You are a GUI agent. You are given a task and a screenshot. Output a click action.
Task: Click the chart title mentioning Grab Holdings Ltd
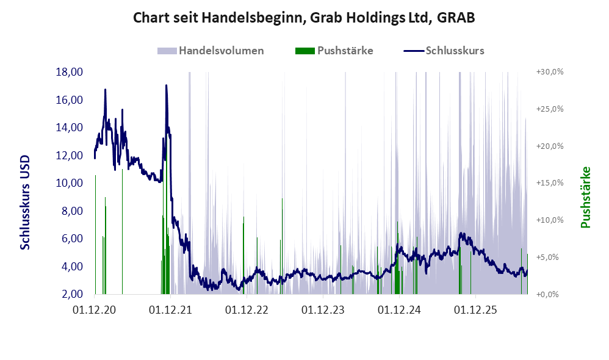point(304,18)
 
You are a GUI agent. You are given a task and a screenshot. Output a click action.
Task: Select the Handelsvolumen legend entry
point(211,51)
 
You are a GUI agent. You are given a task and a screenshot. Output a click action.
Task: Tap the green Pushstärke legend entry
point(334,51)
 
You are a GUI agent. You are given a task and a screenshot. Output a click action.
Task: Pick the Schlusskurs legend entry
point(444,51)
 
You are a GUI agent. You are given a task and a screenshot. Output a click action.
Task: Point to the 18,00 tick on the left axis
point(70,72)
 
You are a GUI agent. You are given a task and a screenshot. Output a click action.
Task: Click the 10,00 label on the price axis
point(70,183)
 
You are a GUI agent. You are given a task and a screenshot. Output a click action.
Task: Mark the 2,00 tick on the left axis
point(72,294)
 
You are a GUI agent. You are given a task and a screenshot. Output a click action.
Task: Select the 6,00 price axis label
point(72,239)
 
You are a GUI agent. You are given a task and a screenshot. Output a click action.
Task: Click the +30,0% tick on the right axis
point(550,72)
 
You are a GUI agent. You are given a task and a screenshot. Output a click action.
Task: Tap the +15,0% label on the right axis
point(550,183)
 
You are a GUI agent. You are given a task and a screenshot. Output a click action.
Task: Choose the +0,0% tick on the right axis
point(547,294)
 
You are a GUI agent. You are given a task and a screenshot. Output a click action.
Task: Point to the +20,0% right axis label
point(550,146)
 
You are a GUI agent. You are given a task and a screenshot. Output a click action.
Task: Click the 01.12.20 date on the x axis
point(95,310)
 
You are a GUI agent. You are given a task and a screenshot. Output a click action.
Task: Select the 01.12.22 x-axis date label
point(247,310)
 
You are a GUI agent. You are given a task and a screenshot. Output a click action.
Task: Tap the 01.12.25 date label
point(475,310)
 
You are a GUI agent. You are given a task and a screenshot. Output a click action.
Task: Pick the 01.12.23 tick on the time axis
point(323,310)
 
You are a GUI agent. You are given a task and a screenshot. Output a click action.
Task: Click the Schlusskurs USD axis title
point(25,203)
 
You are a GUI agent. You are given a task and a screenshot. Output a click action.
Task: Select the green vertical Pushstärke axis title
point(585,197)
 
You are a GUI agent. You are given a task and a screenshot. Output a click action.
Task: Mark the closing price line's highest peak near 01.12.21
point(166,85)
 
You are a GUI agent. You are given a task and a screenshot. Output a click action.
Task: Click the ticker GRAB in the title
point(456,18)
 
